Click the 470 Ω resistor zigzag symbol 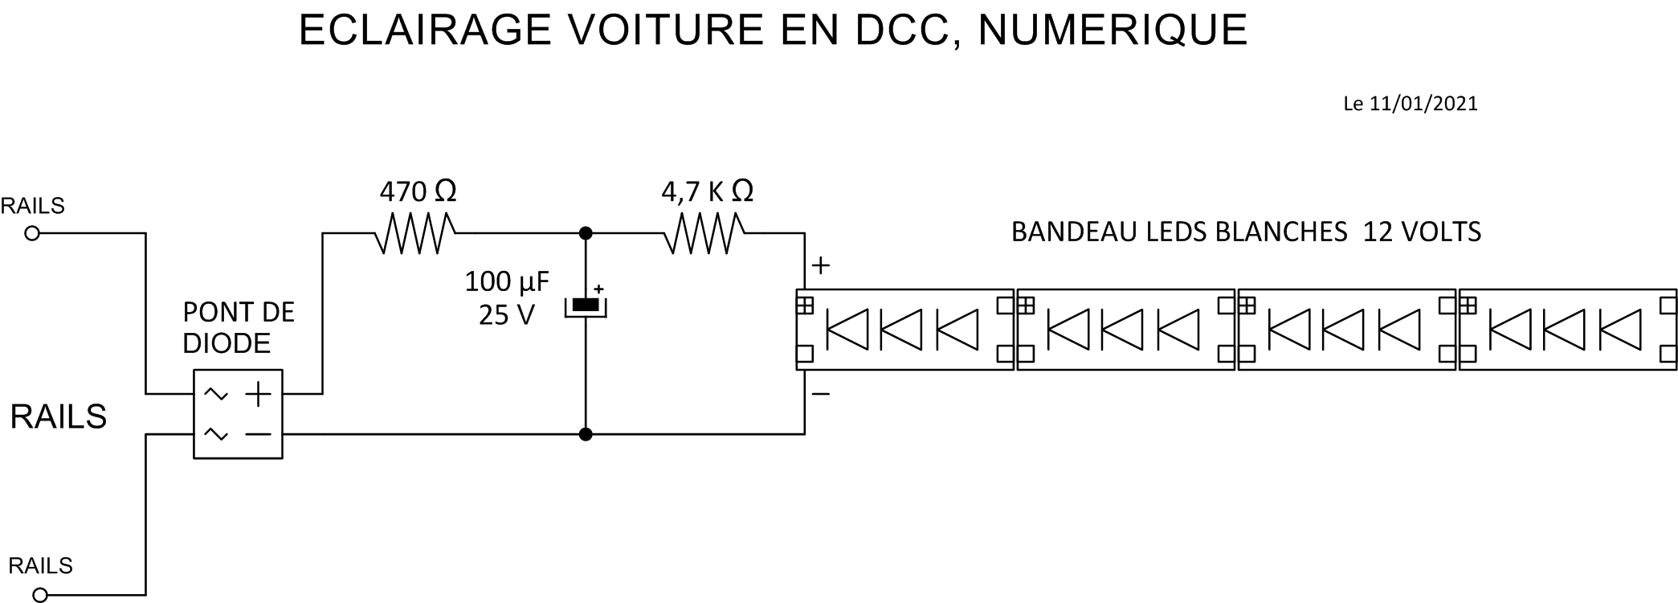coord(415,233)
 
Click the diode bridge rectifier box coord(238,414)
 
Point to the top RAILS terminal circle coord(32,234)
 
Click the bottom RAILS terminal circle coord(40,596)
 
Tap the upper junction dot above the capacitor coord(586,233)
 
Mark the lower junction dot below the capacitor coord(586,434)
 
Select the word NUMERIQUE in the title coord(1113,31)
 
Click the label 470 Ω coord(418,191)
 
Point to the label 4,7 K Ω coord(707,191)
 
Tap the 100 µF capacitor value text coord(507,281)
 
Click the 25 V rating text coord(506,315)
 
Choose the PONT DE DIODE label coord(238,327)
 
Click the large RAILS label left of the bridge coord(58,416)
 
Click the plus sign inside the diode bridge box coord(258,394)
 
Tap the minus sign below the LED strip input coord(820,394)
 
